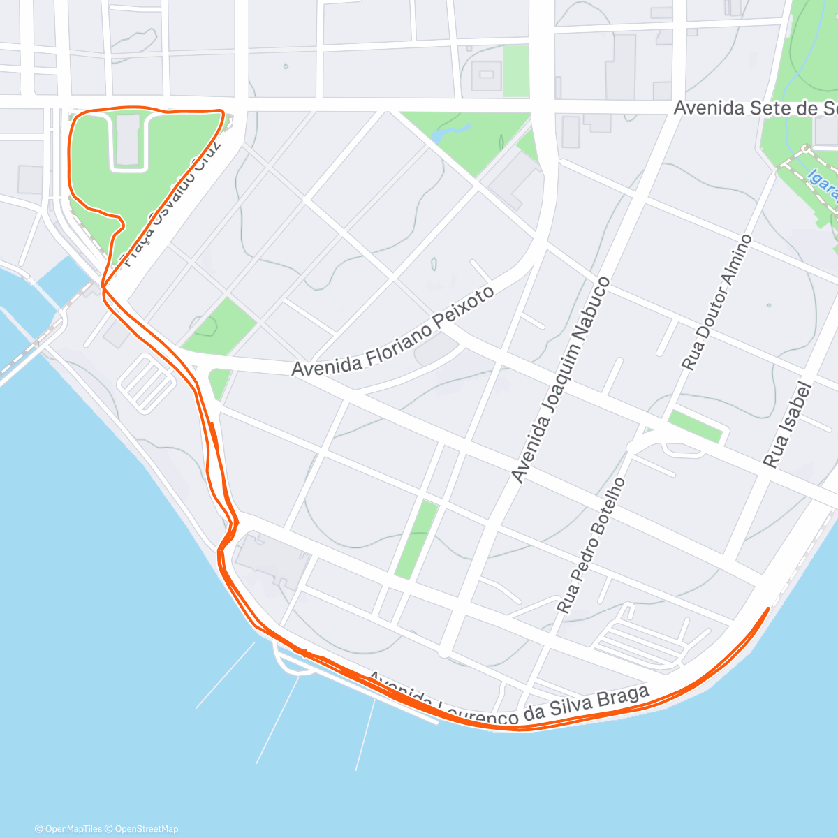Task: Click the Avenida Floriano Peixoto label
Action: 393,331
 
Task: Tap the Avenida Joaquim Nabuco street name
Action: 560,381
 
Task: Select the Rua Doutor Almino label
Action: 717,302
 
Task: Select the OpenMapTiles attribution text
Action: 68,829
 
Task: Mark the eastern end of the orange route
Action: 768,609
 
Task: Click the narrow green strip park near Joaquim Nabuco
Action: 417,538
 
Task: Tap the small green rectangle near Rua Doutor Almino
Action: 695,426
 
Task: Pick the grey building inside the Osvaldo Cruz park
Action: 127,140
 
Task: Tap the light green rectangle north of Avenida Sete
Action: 516,71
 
